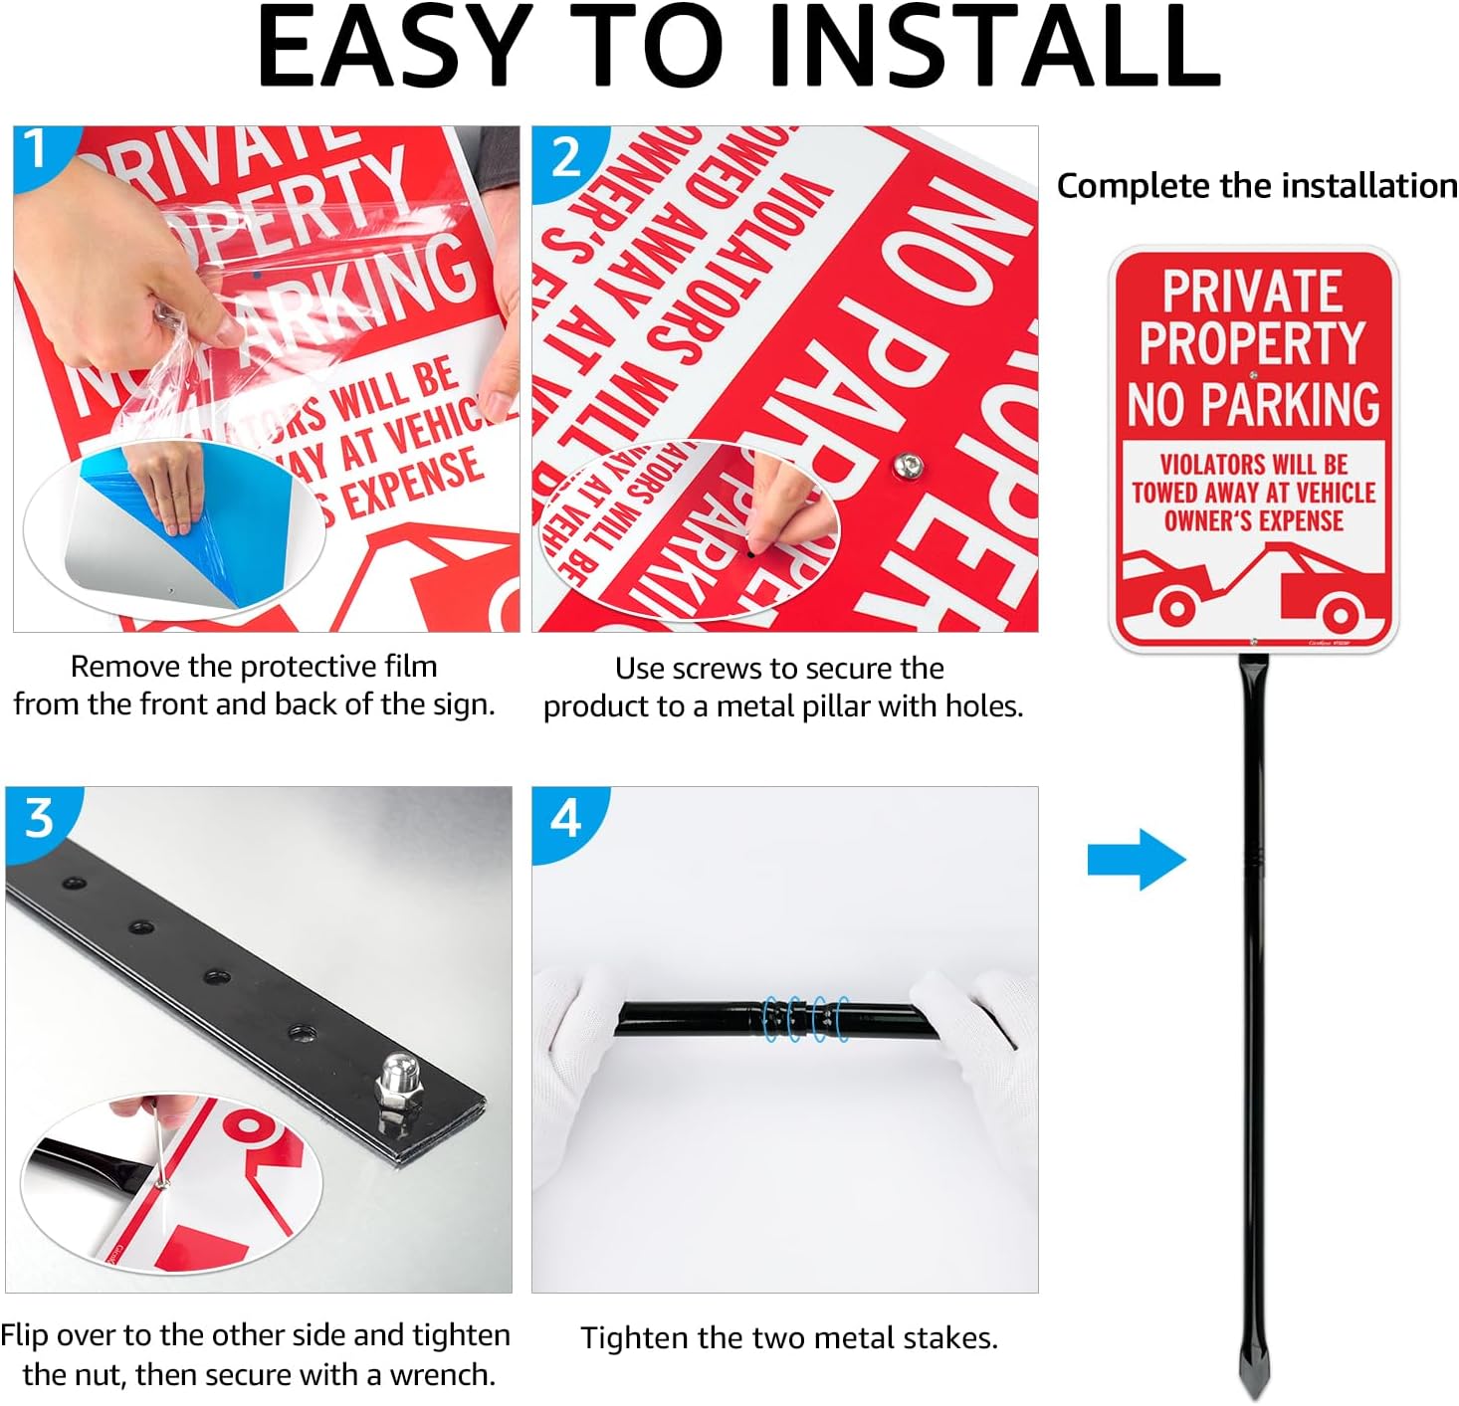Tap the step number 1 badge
coord(37,149)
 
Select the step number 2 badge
coord(565,157)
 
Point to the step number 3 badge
coord(38,818)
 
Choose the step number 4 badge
coord(565,818)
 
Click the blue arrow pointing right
coord(1136,859)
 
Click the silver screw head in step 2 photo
coord(905,465)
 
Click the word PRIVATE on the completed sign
coord(1252,292)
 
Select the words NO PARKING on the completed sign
coord(1253,404)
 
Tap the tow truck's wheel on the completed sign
coord(1340,615)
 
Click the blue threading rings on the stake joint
coord(806,1019)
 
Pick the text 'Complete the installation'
coord(1256,186)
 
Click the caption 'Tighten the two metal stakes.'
coord(789,1338)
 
